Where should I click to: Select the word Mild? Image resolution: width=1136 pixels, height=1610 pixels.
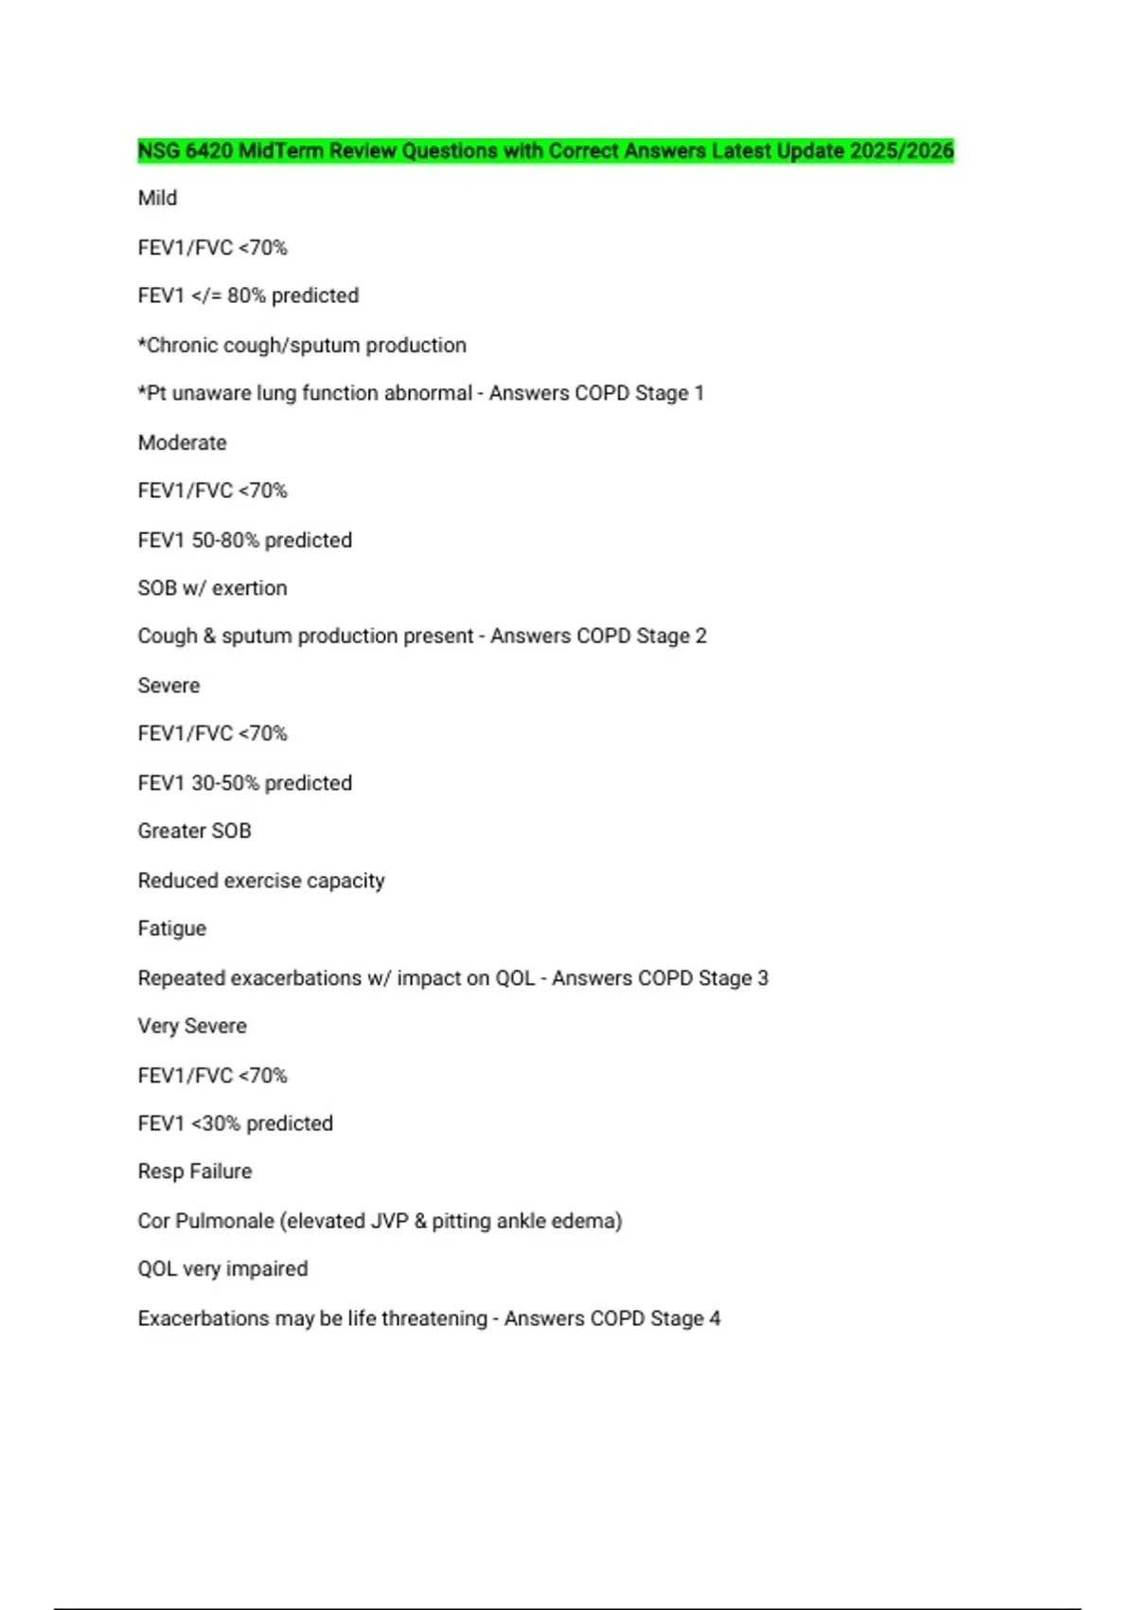coord(157,198)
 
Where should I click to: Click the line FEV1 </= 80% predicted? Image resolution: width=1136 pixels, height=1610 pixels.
coord(248,295)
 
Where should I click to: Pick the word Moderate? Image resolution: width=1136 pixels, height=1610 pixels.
coord(182,442)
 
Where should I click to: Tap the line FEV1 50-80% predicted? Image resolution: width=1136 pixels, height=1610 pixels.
coord(244,540)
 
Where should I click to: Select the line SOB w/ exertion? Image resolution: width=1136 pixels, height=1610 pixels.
coord(212,588)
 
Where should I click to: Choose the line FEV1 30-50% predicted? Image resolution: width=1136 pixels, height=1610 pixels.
coord(244,783)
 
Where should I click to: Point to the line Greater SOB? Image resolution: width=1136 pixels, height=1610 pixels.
coord(194,831)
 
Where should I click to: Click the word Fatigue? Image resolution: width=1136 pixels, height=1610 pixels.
coord(171,928)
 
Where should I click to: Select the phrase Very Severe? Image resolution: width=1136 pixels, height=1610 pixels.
coord(192,1026)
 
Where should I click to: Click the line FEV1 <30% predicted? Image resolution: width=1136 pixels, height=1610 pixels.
coord(235,1123)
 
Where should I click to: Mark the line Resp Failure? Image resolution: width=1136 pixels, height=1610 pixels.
coord(195,1172)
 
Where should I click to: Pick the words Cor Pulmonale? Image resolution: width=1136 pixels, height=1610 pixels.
coord(205,1221)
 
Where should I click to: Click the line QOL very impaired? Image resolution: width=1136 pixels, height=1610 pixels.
coord(222,1269)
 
